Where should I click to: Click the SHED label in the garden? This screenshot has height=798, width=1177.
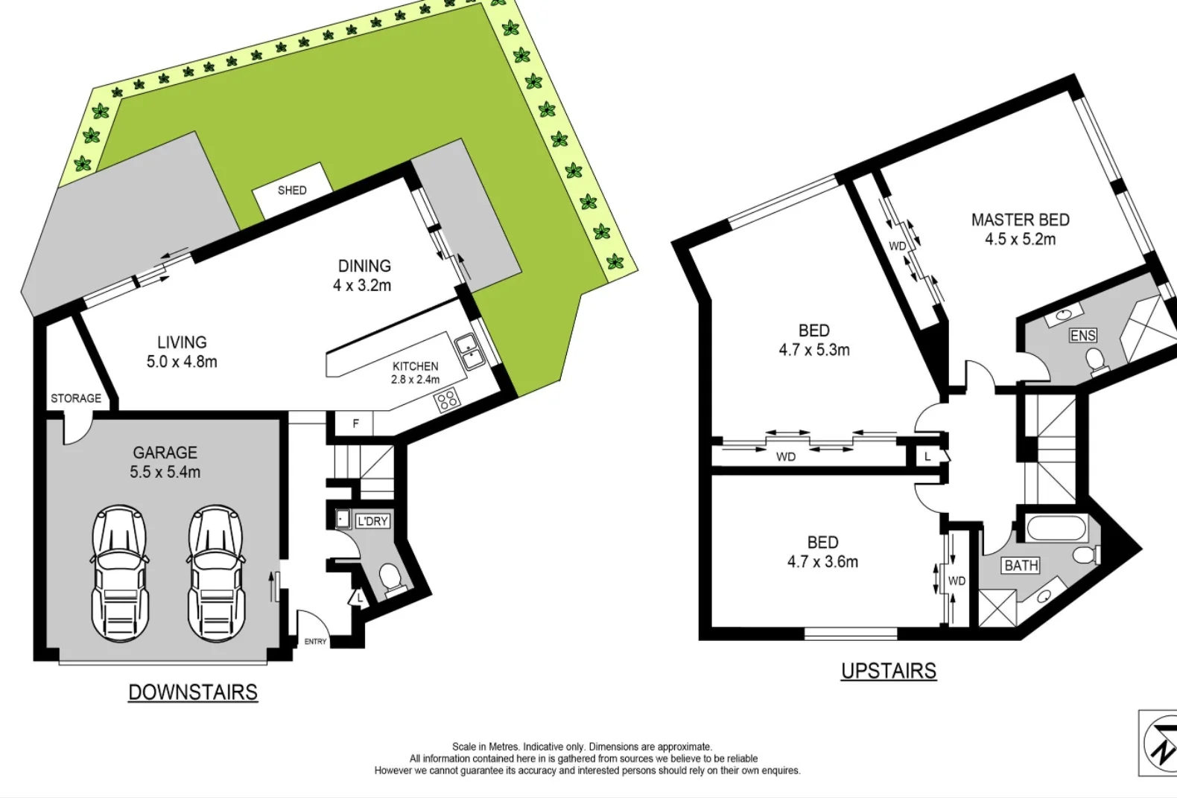point(292,191)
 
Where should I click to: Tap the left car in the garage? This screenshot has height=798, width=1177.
point(119,573)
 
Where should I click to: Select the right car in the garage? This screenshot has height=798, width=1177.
point(216,573)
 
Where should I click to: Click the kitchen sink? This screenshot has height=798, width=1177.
point(469,352)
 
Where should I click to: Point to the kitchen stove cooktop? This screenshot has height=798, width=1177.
point(447,401)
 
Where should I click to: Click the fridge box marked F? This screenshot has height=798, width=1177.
point(355,424)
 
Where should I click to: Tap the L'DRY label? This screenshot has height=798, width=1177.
point(372,521)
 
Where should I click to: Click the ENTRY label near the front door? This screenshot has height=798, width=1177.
point(315,642)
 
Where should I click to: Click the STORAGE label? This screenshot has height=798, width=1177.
point(76,398)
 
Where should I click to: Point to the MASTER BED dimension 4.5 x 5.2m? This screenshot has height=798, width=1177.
point(1020,239)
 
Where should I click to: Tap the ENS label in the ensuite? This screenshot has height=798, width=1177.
point(1082,336)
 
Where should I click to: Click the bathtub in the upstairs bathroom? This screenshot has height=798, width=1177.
point(1058,530)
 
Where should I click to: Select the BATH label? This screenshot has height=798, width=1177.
point(1021,566)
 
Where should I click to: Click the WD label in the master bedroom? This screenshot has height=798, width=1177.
point(898,246)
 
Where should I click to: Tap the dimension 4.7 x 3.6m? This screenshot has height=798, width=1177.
point(822,562)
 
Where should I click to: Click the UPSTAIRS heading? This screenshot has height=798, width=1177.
point(888,671)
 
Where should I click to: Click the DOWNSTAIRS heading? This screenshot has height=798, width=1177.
point(193,692)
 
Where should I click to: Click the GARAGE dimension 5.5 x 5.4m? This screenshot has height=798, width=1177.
point(165,472)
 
